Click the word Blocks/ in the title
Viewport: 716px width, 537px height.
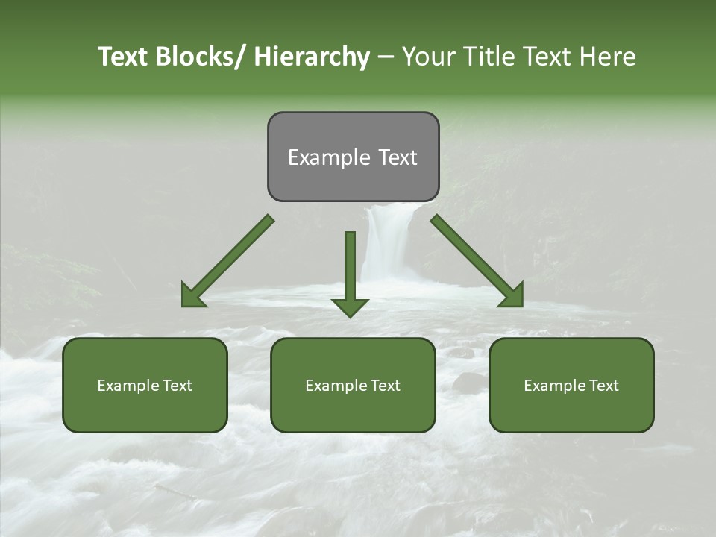(195, 57)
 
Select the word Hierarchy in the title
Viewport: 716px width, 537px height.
(312, 57)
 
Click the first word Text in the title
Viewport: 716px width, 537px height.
(123, 57)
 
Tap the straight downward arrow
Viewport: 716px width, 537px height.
(350, 265)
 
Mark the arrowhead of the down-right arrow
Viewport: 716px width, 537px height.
(518, 301)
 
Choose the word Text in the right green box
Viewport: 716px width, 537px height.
(604, 386)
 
